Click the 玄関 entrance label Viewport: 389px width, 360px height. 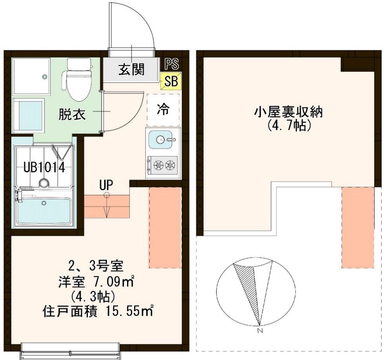[131, 69]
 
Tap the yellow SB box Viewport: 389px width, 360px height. [171, 81]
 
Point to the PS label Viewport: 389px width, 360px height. [172, 64]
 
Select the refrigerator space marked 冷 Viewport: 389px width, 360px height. [163, 110]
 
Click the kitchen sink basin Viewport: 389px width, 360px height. [160, 140]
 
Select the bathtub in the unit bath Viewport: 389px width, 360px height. [44, 209]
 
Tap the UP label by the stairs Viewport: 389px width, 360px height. [106, 185]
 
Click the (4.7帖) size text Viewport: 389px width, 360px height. [289, 126]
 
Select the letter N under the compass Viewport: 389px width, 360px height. [260, 331]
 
